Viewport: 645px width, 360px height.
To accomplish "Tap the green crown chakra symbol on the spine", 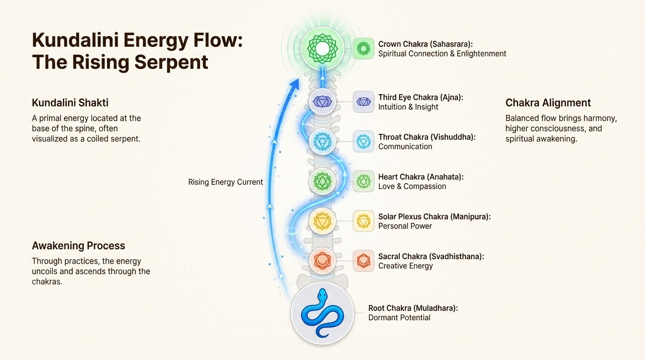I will point(322,48).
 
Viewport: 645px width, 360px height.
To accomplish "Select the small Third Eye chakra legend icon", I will point(363,102).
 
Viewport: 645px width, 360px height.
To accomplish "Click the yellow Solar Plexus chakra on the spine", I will point(322,220).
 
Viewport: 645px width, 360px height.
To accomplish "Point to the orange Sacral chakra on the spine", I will point(322,260).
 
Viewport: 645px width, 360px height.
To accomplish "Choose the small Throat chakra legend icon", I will point(363,142).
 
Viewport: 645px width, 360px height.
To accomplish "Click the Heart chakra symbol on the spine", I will point(322,181).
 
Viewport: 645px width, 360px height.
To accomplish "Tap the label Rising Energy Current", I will point(225,182).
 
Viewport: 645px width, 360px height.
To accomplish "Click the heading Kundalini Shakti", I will point(70,103).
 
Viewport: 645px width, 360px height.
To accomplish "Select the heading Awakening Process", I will point(78,246).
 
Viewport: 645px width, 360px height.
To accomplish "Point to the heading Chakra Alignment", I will point(548,103).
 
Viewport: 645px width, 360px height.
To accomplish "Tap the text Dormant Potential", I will point(399,318).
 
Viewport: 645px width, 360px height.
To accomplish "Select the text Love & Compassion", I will point(412,187).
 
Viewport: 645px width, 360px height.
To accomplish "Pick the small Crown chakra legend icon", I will point(363,48).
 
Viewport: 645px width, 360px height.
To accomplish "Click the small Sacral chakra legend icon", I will point(363,261).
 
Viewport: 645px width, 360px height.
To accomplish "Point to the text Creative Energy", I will point(405,266).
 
